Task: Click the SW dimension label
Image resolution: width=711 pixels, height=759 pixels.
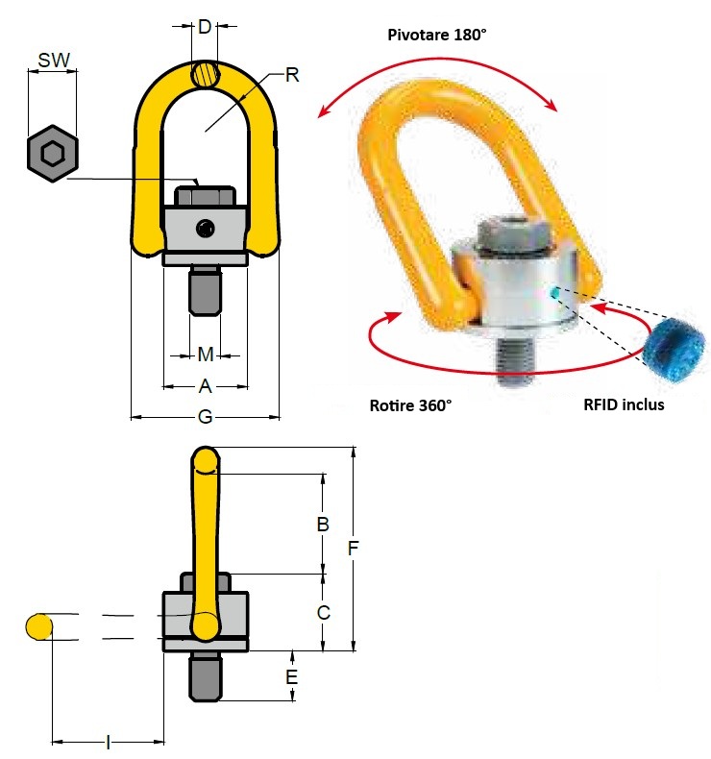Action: (54, 61)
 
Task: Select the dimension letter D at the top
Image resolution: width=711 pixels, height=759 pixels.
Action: (204, 27)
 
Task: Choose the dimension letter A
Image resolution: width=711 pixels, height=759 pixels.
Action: (205, 386)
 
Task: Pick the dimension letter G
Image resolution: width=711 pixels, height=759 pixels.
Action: (205, 417)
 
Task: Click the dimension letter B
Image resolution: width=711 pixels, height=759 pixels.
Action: (323, 525)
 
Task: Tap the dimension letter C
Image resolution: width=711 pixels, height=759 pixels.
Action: (323, 612)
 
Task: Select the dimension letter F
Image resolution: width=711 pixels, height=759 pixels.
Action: (353, 549)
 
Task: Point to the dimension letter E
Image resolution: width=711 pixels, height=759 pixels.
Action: (292, 677)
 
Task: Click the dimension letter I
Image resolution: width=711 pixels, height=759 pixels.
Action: (108, 742)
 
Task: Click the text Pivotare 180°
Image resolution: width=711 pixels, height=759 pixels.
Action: (437, 35)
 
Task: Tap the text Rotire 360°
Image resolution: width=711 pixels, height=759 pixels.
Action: (410, 405)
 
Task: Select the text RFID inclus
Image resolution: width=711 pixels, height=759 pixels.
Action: (624, 404)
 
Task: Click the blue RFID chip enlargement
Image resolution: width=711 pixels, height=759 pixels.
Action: (675, 342)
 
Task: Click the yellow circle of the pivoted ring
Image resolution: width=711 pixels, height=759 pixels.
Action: (38, 626)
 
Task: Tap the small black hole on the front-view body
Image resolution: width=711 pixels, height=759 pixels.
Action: (205, 228)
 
